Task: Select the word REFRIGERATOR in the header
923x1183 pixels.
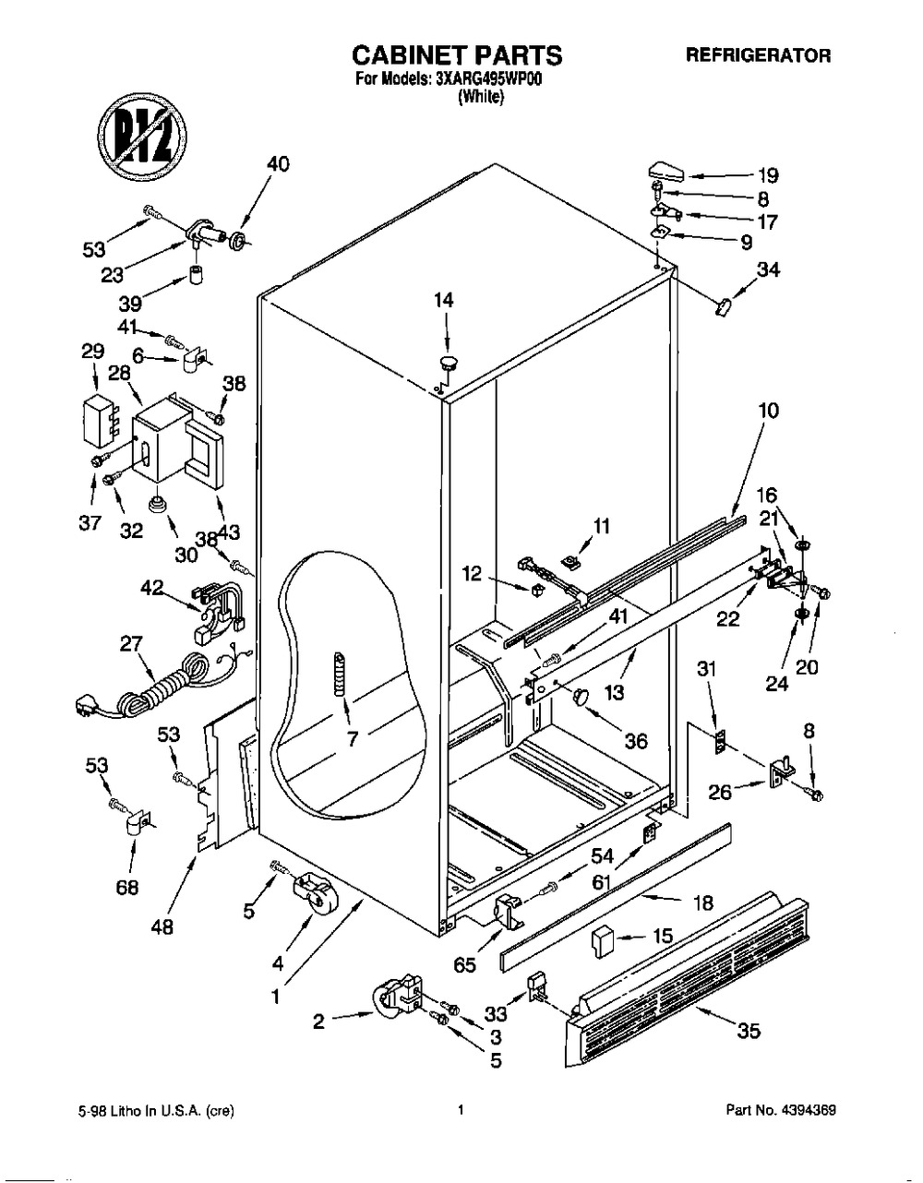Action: [758, 55]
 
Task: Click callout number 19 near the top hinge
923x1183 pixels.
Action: [768, 175]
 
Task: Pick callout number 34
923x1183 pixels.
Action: [768, 270]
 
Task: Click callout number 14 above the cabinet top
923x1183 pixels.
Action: [445, 300]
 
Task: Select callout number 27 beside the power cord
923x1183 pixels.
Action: [131, 645]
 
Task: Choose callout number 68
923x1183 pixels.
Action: [127, 887]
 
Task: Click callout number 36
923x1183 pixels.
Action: [634, 740]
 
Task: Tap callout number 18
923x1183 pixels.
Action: [703, 903]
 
